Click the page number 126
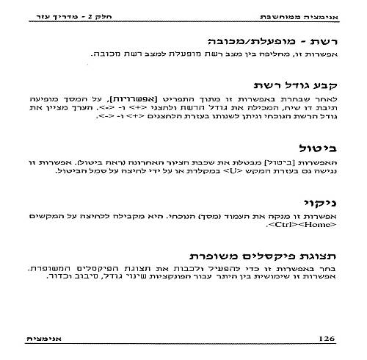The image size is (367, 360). pyautogui.click(x=325, y=337)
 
